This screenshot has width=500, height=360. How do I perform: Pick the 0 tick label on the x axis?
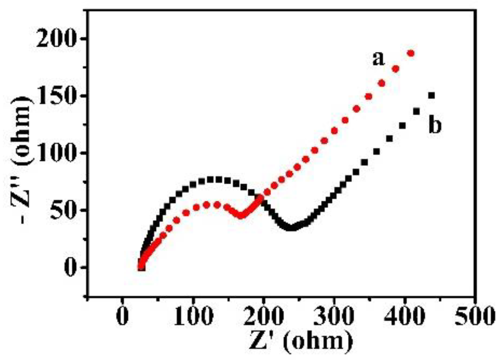(x=123, y=317)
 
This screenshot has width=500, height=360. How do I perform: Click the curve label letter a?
(x=378, y=59)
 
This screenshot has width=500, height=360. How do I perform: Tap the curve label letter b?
(x=435, y=126)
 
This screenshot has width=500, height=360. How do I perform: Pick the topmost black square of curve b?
(x=431, y=96)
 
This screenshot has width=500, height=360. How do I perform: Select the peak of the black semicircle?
(x=211, y=179)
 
